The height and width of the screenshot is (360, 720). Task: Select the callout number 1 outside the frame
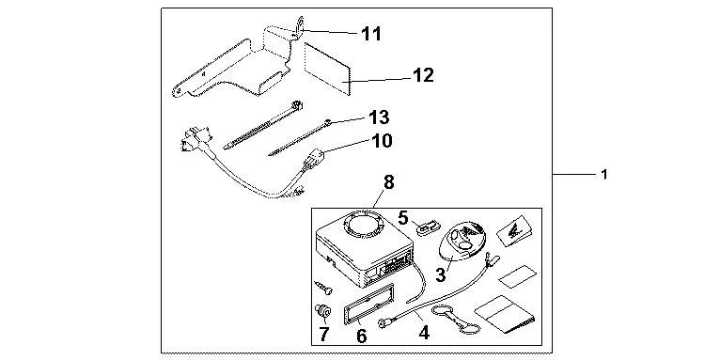pos(605,175)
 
